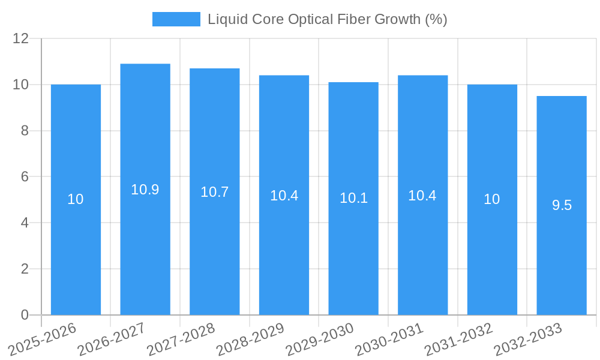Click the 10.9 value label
pyautogui.click(x=145, y=190)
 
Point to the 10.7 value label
pyautogui.click(x=215, y=192)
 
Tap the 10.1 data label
pyautogui.click(x=353, y=198)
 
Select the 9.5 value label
pyautogui.click(x=562, y=205)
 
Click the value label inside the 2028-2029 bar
pyautogui.click(x=284, y=196)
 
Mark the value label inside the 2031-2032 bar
pyautogui.click(x=492, y=199)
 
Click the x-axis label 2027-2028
pyautogui.click(x=181, y=340)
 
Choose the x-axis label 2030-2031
pyautogui.click(x=389, y=340)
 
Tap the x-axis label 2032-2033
pyautogui.click(x=527, y=340)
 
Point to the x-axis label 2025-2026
pyautogui.click(x=42, y=340)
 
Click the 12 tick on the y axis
pyautogui.click(x=20, y=38)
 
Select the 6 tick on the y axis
pyautogui.click(x=25, y=176)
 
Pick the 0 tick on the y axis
pyautogui.click(x=25, y=315)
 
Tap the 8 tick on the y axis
pyautogui.click(x=25, y=131)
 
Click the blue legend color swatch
pyautogui.click(x=176, y=19)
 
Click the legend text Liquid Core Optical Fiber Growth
pyautogui.click(x=327, y=19)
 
